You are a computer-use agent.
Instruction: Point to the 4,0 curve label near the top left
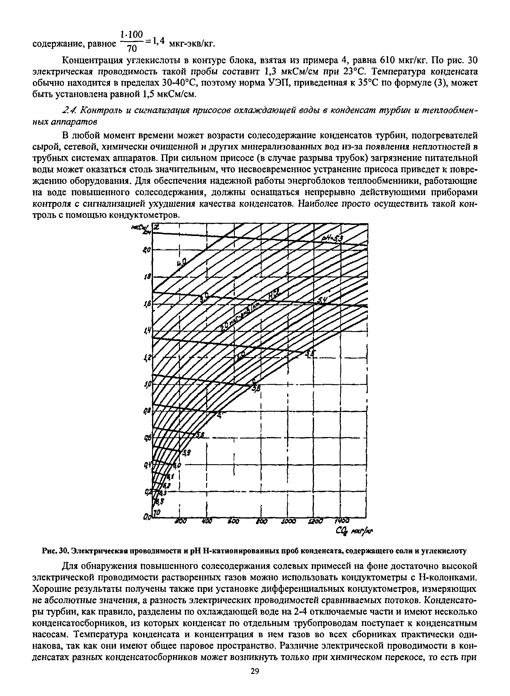(x=182, y=263)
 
